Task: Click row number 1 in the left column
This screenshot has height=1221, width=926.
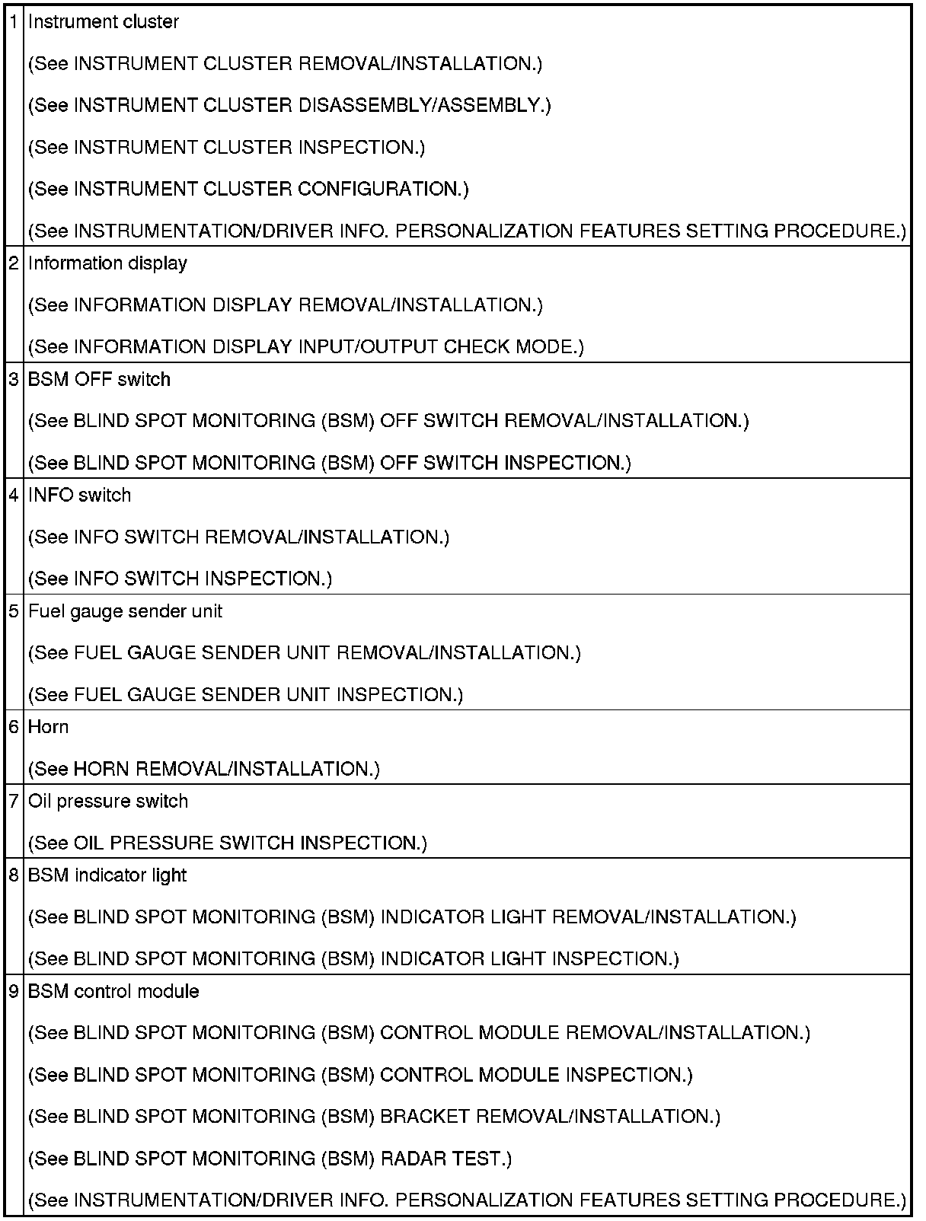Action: click(14, 22)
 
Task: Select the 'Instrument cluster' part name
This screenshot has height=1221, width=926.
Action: click(103, 22)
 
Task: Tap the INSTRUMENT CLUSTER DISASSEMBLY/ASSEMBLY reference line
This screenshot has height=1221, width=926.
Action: click(289, 105)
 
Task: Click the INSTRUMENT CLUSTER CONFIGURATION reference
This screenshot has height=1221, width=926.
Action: click(248, 189)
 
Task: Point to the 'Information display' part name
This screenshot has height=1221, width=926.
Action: click(107, 263)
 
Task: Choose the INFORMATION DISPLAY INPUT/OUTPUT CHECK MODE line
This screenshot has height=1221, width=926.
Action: click(305, 347)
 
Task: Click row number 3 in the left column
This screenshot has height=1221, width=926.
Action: click(14, 379)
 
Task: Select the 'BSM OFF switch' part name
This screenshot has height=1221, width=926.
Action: click(99, 379)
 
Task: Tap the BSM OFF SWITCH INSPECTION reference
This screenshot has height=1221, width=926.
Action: click(329, 463)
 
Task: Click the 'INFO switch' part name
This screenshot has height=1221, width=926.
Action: click(79, 495)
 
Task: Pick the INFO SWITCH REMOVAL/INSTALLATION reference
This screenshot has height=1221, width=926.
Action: click(238, 537)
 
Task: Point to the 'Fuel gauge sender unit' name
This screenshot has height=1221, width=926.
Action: click(125, 611)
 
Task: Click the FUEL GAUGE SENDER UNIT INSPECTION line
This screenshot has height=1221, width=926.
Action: click(245, 695)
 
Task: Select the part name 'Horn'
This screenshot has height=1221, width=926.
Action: click(48, 727)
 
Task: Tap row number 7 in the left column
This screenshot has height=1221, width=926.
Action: click(14, 801)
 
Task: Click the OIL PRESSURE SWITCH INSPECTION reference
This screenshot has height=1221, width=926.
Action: click(227, 843)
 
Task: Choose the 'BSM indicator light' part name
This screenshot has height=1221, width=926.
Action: click(107, 875)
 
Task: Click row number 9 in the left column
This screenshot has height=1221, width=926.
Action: click(14, 991)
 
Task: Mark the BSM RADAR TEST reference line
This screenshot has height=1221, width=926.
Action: click(270, 1159)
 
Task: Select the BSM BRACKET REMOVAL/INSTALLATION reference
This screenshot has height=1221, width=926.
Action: click(374, 1117)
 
